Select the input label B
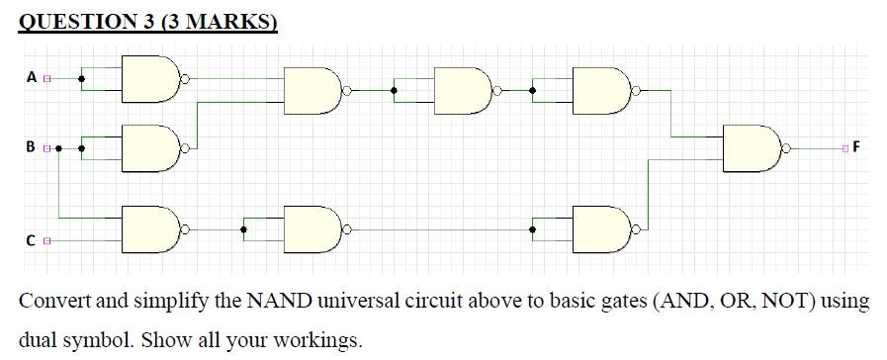pyautogui.click(x=32, y=148)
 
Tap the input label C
pyautogui.click(x=32, y=239)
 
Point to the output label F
pyautogui.click(x=855, y=148)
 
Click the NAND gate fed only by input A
pyautogui.click(x=149, y=79)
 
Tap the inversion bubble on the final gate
pyautogui.click(x=787, y=148)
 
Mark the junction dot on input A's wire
pyautogui.click(x=82, y=79)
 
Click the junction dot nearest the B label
pyautogui.click(x=59, y=148)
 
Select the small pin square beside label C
pyautogui.click(x=46, y=239)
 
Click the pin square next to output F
pyautogui.click(x=844, y=148)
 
